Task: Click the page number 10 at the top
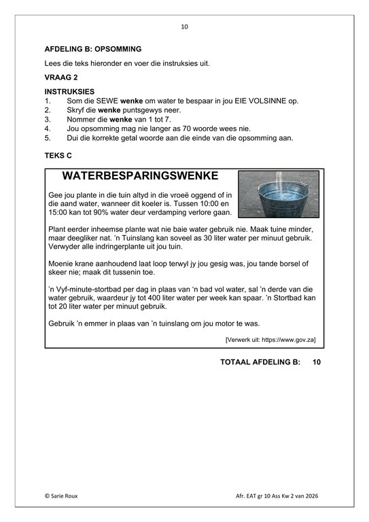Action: [x=184, y=27]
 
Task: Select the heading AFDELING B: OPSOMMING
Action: [x=92, y=50]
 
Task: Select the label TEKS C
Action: [x=58, y=156]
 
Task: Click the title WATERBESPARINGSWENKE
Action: [x=140, y=176]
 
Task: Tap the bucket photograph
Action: [x=278, y=194]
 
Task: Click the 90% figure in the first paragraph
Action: [x=98, y=212]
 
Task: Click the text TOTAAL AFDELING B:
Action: [x=260, y=362]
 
